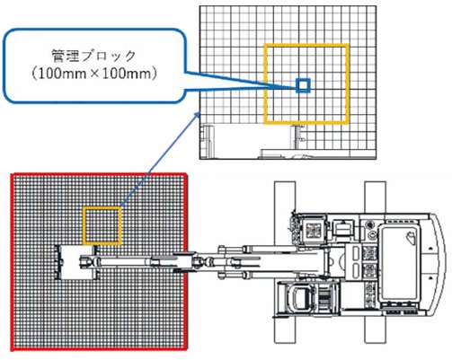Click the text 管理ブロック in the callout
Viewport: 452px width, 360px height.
click(93, 56)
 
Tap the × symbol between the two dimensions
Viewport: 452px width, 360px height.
click(94, 75)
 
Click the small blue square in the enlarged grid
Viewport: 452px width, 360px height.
click(303, 85)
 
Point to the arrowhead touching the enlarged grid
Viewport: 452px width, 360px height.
click(198, 115)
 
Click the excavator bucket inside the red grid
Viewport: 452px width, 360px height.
click(74, 262)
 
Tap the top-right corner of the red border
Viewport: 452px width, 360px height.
click(186, 175)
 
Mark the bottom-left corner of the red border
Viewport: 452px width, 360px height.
click(13, 349)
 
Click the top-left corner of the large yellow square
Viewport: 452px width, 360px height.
click(265, 45)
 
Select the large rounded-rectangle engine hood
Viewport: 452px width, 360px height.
click(398, 264)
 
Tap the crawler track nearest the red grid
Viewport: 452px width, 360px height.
click(285, 262)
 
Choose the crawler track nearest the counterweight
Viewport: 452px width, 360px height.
click(375, 262)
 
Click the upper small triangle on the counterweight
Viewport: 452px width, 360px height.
click(430, 249)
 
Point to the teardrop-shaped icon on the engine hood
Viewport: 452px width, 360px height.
click(411, 237)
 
